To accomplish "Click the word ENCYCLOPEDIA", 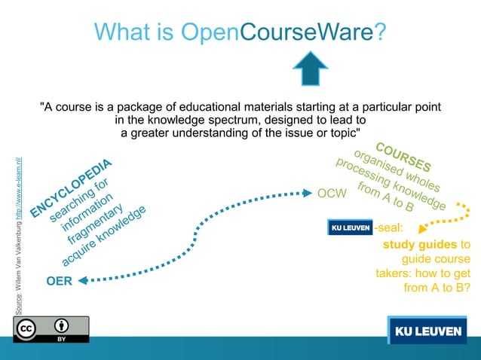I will pos(72,189).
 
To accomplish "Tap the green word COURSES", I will pos(403,157).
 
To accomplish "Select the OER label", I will pos(59,282).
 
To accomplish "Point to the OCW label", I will pos(332,194).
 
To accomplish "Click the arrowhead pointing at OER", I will pos(82,281).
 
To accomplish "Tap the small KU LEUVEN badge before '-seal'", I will pos(350,227).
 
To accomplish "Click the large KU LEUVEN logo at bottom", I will pos(427,331).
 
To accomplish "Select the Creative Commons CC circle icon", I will pos(27,328).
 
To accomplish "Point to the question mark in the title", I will pos(381,32).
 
